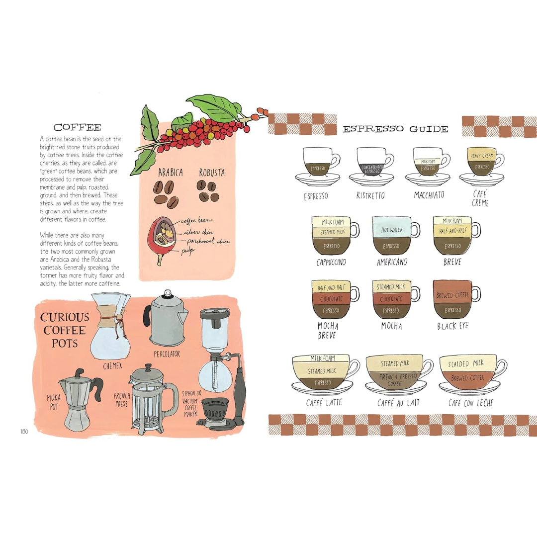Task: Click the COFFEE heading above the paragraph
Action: point(78,127)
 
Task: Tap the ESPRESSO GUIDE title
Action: point(396,129)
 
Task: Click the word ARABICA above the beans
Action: point(170,172)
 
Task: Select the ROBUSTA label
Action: point(212,173)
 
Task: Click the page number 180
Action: point(24,432)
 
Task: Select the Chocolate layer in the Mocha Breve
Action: point(331,299)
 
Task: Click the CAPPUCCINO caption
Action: point(331,263)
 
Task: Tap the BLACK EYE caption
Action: point(453,326)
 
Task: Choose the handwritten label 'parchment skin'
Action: point(208,241)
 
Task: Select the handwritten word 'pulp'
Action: point(188,252)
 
